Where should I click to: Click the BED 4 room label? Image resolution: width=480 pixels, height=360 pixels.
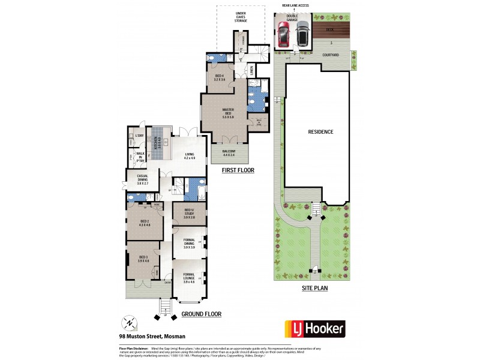[220, 77]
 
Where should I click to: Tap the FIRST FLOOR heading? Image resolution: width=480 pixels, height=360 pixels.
[238, 170]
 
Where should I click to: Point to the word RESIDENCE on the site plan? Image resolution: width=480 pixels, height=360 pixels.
[320, 131]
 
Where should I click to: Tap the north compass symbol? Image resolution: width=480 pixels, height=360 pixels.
[128, 323]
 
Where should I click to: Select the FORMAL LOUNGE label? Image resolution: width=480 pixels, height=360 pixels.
[189, 277]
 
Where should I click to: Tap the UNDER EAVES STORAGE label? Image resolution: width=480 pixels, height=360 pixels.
[241, 17]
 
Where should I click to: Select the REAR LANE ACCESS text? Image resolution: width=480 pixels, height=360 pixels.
[291, 5]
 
